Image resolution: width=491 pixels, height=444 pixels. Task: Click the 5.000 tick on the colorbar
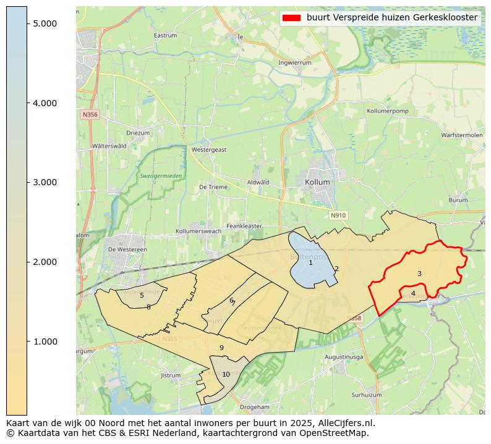click(45, 23)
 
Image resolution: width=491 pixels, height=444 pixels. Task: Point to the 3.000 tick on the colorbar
click(45, 182)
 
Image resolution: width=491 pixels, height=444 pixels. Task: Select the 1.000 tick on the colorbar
click(45, 341)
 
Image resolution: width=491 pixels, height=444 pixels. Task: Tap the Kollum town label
click(317, 183)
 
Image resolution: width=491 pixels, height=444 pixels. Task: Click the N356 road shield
click(89, 115)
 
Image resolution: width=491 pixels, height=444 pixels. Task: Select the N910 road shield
click(338, 216)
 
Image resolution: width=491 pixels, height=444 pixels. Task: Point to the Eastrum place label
click(165, 36)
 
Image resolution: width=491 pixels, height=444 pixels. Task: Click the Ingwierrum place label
click(295, 62)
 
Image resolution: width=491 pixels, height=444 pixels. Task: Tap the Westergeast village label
click(209, 149)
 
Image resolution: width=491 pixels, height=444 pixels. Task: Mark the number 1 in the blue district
click(310, 263)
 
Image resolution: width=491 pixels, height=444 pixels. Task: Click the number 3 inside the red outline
click(419, 274)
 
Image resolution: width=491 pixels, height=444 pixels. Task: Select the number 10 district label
click(226, 374)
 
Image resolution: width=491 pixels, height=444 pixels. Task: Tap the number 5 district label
click(142, 295)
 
